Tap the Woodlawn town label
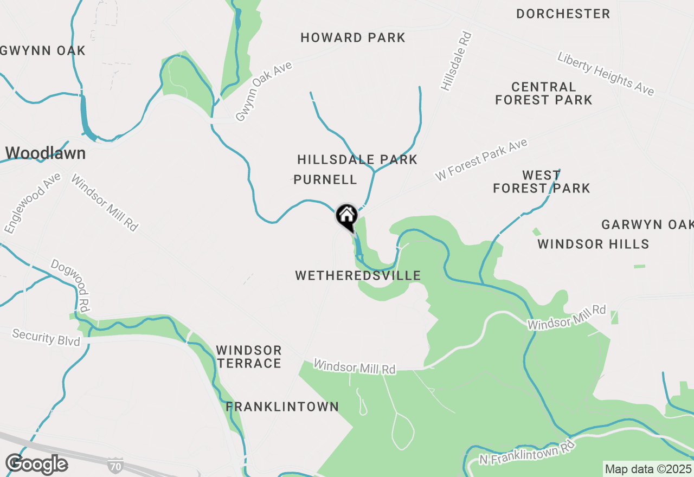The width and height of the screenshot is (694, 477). click(x=46, y=153)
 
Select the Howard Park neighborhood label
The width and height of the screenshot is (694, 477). click(x=353, y=37)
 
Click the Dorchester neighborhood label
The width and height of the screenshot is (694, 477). click(x=563, y=14)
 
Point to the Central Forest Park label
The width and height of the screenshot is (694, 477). click(x=544, y=93)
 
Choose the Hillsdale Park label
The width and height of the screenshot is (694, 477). click(x=357, y=159)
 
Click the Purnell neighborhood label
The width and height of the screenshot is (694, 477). click(x=325, y=179)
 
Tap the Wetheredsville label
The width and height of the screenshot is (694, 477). click(x=358, y=275)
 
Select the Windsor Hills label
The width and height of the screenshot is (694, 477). click(x=593, y=244)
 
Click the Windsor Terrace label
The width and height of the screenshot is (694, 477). click(x=249, y=357)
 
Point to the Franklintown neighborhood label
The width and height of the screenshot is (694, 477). click(x=282, y=407)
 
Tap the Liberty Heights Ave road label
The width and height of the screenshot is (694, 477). click(x=606, y=73)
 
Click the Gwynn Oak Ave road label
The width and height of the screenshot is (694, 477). click(x=264, y=91)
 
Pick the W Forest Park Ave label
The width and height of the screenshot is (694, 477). click(x=481, y=160)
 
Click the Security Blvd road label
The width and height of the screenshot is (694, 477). click(x=46, y=337)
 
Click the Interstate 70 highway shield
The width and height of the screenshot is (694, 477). click(x=115, y=465)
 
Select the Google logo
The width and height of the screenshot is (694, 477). click(x=36, y=464)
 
